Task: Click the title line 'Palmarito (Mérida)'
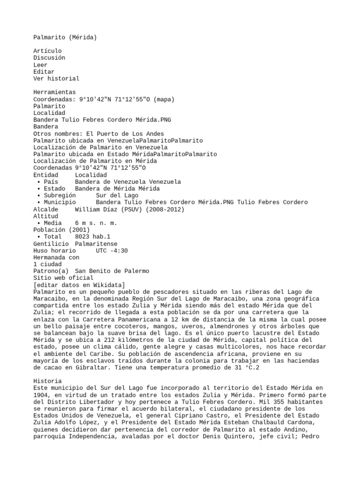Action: pyautogui.click(x=65, y=37)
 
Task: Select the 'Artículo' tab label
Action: pyautogui.click(x=47, y=51)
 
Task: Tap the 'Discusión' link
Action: pyautogui.click(x=49, y=58)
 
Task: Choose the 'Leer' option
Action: pyautogui.click(x=40, y=65)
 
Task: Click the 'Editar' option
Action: pyautogui.click(x=44, y=72)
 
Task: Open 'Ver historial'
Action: pyautogui.click(x=56, y=79)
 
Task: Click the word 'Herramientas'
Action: pyautogui.click(x=54, y=92)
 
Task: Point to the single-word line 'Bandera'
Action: pyautogui.click(x=45, y=127)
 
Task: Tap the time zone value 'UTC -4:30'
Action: pyautogui.click(x=112, y=251)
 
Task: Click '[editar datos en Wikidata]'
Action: pyautogui.click(x=79, y=285)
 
